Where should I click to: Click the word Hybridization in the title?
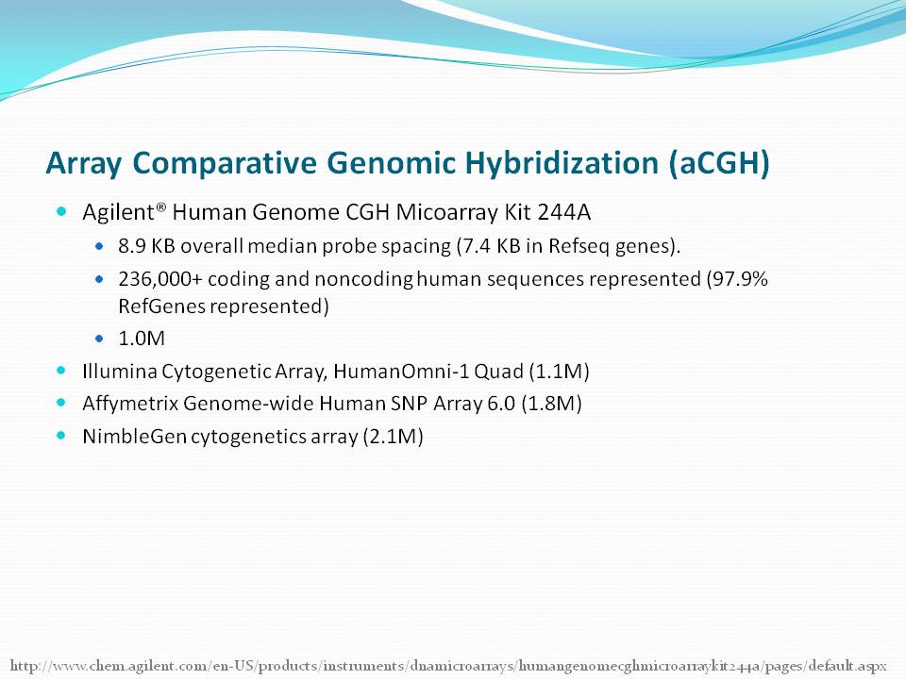click(x=562, y=163)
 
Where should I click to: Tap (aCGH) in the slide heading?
click(x=719, y=163)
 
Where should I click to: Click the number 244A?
click(x=564, y=212)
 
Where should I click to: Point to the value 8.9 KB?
click(x=147, y=246)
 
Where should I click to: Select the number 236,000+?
click(x=160, y=279)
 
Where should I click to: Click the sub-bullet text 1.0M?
click(x=142, y=339)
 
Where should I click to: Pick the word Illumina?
click(x=120, y=371)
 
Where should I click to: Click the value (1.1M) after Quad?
click(x=559, y=371)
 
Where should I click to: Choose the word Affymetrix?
click(x=130, y=403)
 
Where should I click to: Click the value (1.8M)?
click(x=551, y=403)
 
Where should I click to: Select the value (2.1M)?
click(x=393, y=436)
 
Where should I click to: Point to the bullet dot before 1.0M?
click(x=99, y=339)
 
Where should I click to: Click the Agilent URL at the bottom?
click(x=448, y=666)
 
